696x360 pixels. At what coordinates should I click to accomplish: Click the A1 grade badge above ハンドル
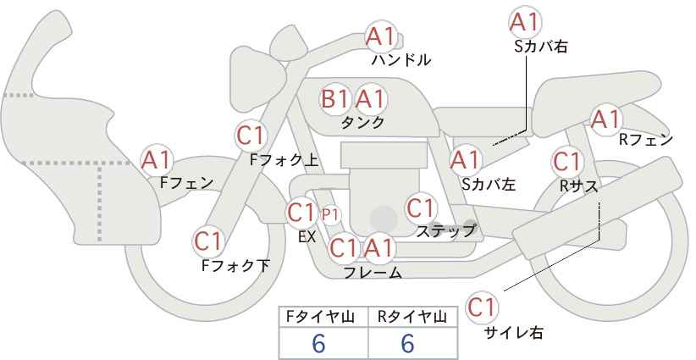380,37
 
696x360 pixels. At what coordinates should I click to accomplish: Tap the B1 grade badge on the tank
334,98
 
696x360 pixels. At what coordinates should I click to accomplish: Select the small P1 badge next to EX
330,215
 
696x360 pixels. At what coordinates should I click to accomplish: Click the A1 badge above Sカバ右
525,21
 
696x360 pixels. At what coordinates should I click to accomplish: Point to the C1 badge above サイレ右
482,307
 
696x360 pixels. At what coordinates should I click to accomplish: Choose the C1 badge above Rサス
566,162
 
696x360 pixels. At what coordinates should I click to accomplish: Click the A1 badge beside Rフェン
605,119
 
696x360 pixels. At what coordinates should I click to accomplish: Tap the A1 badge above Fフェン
156,160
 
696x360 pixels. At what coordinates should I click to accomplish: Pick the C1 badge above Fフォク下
207,241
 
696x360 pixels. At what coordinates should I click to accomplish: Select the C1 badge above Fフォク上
251,136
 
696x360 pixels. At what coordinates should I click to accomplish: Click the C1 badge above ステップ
420,208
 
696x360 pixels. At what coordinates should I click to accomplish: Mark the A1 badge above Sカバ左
466,160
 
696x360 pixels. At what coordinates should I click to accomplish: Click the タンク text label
362,122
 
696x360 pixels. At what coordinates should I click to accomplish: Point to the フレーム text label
373,273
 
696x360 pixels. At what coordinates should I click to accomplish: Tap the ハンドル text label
401,59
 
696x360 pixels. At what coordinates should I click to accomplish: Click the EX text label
307,236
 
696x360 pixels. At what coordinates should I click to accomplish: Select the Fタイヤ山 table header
320,317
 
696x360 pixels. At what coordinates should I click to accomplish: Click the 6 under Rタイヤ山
407,343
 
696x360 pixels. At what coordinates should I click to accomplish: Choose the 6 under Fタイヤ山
318,343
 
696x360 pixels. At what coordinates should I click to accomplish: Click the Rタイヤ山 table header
412,317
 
